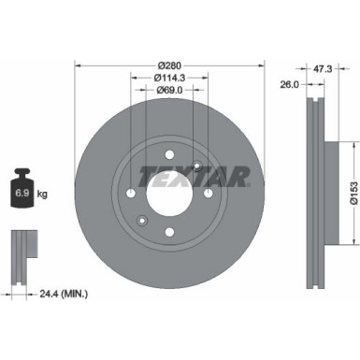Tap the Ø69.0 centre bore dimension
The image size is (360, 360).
coord(169,90)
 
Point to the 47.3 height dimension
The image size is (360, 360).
coord(323,67)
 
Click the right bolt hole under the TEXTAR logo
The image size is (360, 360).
coord(207,194)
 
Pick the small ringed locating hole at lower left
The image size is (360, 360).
coord(141,221)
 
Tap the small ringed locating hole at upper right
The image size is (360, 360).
coord(194,167)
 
